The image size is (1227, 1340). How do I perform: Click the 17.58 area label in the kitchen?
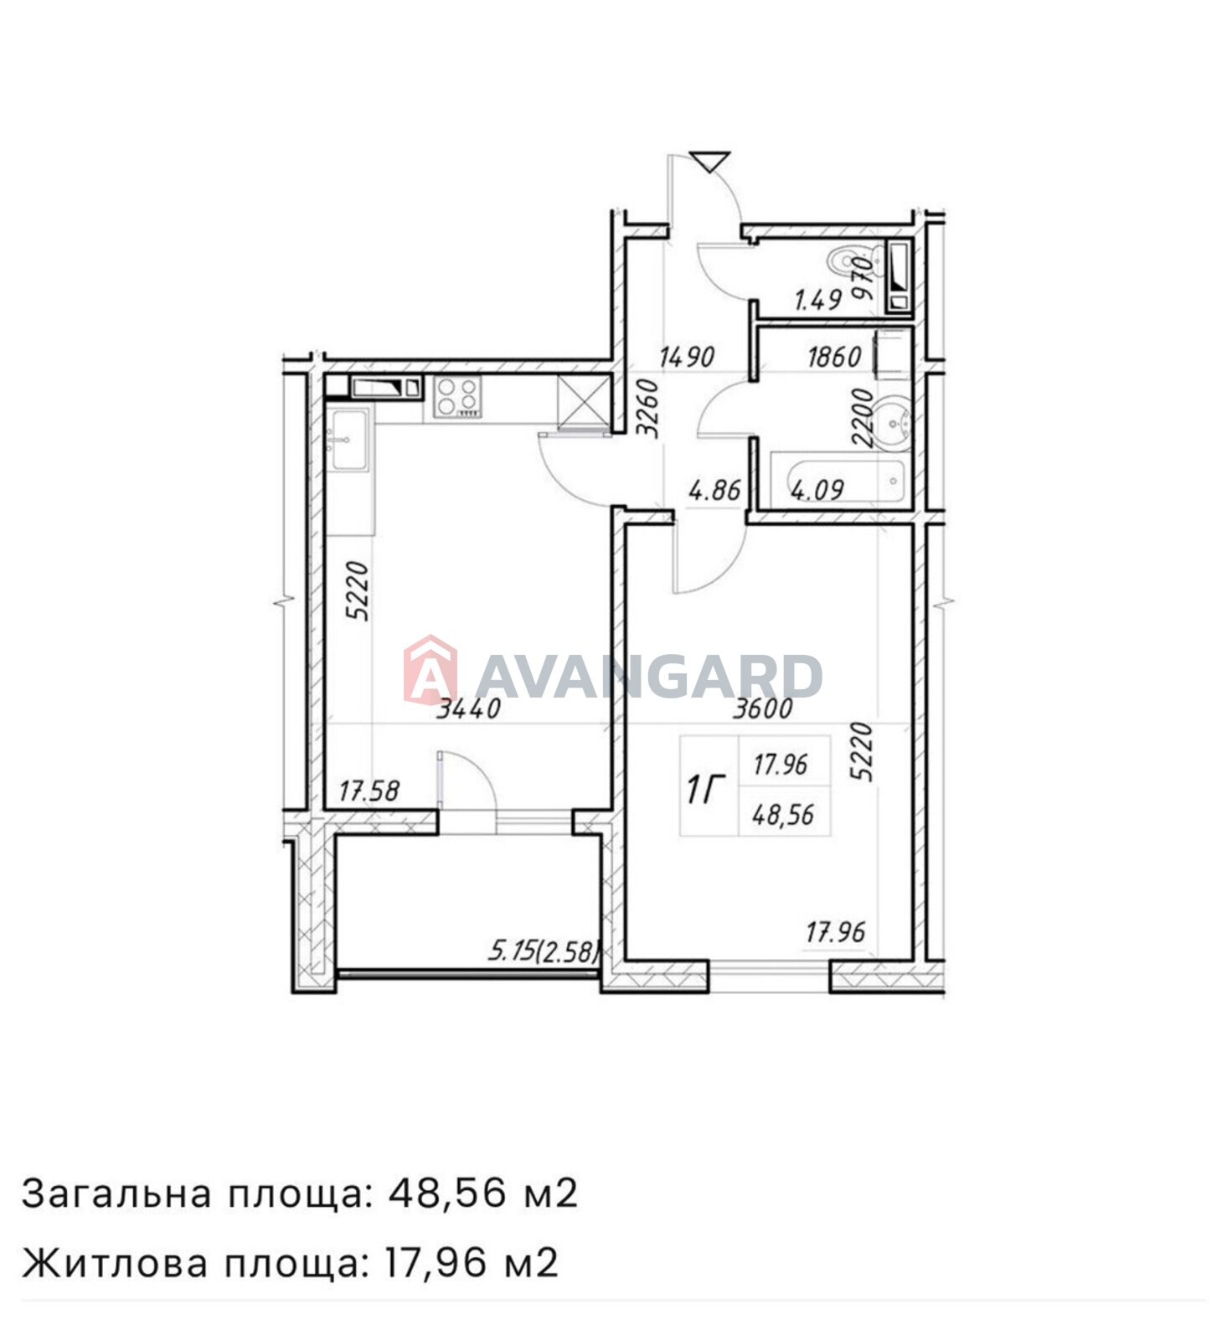(x=369, y=791)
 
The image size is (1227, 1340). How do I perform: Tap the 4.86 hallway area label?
(x=714, y=489)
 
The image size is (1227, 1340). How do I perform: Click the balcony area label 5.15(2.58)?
(x=544, y=951)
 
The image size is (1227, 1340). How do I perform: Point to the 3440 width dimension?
(x=469, y=709)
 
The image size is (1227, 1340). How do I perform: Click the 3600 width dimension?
(x=762, y=709)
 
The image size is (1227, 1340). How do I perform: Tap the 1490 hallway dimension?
(x=687, y=358)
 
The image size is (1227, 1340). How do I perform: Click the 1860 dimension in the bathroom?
(x=834, y=358)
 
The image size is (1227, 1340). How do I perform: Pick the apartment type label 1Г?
(x=704, y=789)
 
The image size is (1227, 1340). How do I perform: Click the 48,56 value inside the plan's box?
(x=783, y=814)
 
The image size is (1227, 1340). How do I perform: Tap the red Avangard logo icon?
(x=430, y=669)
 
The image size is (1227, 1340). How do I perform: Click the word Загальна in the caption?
(x=116, y=1193)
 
